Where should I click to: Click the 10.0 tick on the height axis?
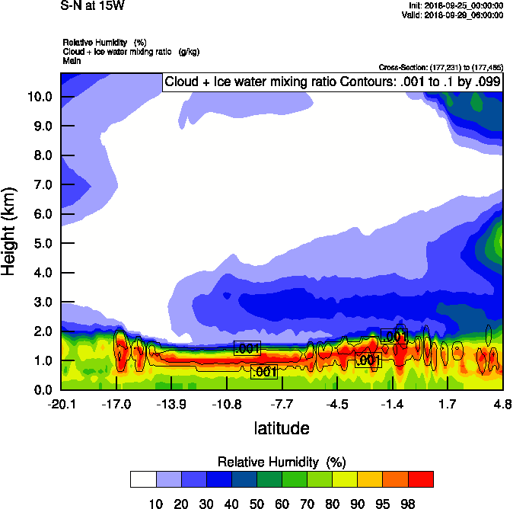click(39, 97)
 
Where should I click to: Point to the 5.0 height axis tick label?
click(39, 244)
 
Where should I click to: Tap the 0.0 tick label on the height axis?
click(39, 390)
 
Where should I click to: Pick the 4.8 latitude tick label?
click(502, 404)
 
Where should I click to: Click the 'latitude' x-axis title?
click(282, 428)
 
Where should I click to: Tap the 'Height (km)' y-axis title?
click(10, 232)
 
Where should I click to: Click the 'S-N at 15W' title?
click(91, 5)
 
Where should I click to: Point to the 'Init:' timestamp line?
click(457, 5)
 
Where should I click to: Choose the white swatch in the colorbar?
click(143, 479)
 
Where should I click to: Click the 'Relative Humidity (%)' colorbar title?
click(282, 462)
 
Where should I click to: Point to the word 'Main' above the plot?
click(72, 59)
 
